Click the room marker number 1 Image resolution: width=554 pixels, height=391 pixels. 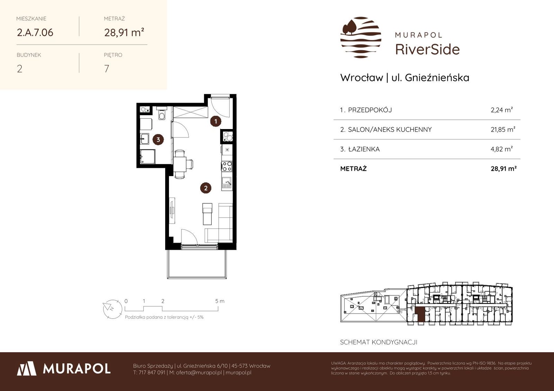(216, 121)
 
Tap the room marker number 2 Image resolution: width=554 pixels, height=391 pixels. (206, 188)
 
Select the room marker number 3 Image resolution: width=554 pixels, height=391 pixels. (158, 140)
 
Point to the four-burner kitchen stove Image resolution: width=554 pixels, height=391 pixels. (227, 166)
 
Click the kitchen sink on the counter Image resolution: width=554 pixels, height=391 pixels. (226, 183)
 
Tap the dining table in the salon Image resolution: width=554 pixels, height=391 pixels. (180, 164)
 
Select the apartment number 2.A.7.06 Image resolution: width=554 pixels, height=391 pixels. (35, 33)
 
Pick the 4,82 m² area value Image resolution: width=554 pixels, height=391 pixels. (502, 149)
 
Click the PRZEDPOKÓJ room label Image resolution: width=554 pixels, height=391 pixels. (370, 110)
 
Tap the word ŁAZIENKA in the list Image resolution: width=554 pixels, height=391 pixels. (364, 149)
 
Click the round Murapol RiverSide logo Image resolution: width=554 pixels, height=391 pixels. (361, 38)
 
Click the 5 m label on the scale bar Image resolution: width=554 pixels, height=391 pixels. (220, 301)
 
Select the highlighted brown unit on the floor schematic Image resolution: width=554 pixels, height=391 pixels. (420, 315)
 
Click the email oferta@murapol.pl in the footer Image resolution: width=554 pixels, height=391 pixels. (199, 373)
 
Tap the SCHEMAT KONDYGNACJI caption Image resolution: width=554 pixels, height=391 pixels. (379, 342)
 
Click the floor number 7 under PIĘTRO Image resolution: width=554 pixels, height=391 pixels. (107, 69)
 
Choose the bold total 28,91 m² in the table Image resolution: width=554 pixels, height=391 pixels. (503, 169)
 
